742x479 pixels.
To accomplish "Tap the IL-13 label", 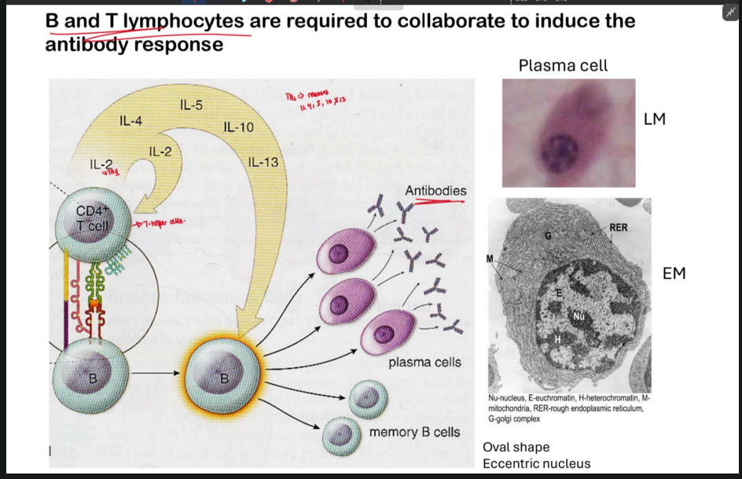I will point(263,163).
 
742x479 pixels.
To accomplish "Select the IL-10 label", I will point(238,126).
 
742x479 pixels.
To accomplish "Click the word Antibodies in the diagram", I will point(435,191).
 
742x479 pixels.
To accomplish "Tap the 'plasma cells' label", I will point(424,362).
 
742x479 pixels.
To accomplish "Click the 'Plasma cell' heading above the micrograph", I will point(563,65).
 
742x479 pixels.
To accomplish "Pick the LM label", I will point(654,119).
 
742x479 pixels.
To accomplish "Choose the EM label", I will point(674,273).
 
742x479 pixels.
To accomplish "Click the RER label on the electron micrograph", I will point(618,228).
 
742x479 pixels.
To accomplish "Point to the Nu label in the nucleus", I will point(579,317).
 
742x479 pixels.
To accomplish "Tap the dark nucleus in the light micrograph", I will point(560,148).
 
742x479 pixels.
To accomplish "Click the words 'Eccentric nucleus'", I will point(536,463).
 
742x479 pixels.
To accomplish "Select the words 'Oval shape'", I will point(516,447).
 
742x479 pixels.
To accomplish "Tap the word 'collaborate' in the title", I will point(439,21).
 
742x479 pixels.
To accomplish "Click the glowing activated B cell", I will point(224,378).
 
